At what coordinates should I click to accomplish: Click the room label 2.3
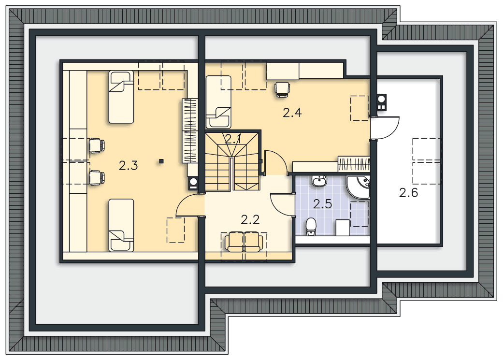pyautogui.click(x=128, y=166)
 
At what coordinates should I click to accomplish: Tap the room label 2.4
pyautogui.click(x=292, y=113)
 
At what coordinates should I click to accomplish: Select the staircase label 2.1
pyautogui.click(x=233, y=139)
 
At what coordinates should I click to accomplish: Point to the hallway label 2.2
pyautogui.click(x=250, y=220)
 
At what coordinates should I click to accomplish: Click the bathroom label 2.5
pyautogui.click(x=322, y=204)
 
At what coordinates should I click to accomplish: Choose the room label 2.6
pyautogui.click(x=408, y=193)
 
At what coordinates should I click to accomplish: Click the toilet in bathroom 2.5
pyautogui.click(x=311, y=227)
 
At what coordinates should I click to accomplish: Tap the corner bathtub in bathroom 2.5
pyautogui.click(x=358, y=187)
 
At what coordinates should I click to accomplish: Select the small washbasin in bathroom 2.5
pyautogui.click(x=319, y=181)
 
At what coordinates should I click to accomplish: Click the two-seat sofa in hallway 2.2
pyautogui.click(x=245, y=242)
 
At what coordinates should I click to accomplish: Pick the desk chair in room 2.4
pyautogui.click(x=282, y=89)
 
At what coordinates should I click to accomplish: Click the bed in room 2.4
pyautogui.click(x=218, y=101)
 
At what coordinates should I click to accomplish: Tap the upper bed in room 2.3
pyautogui.click(x=121, y=97)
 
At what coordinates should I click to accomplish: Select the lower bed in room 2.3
pyautogui.click(x=121, y=225)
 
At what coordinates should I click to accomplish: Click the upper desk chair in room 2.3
pyautogui.click(x=96, y=145)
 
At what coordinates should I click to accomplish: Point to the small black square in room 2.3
pyautogui.click(x=161, y=161)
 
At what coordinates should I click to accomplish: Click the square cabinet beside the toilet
pyautogui.click(x=343, y=228)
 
